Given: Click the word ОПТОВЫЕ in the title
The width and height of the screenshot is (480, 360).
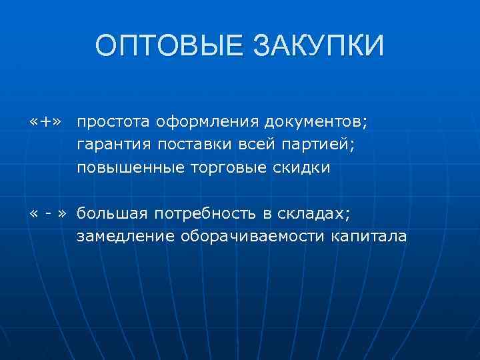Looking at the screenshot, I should (x=168, y=46).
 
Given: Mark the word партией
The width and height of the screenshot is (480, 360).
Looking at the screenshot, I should (x=300, y=145).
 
